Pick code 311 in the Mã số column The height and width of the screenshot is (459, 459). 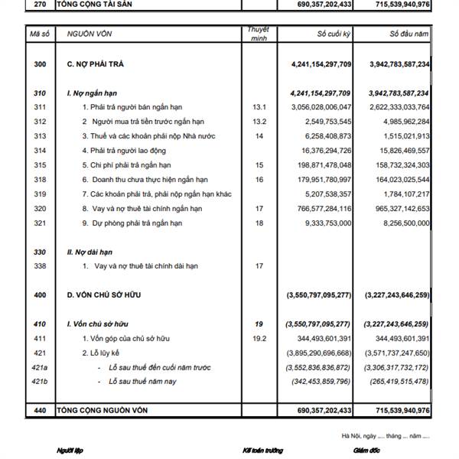(x=40, y=107)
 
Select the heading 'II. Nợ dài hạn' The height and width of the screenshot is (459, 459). (x=92, y=252)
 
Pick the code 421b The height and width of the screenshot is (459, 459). (x=40, y=381)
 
